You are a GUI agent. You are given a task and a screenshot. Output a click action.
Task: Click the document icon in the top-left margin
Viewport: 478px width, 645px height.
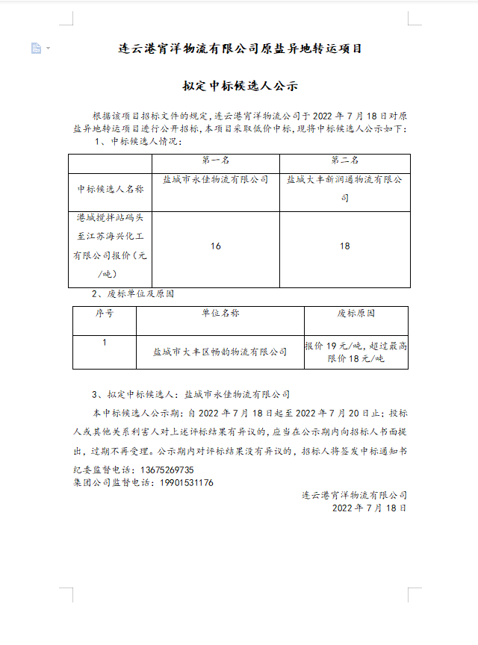click(36, 49)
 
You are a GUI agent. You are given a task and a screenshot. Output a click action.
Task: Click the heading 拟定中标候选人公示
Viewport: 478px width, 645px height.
click(240, 86)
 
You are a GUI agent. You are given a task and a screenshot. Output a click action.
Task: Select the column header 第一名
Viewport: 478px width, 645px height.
click(216, 161)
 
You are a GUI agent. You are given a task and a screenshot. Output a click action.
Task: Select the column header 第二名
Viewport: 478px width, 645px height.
click(344, 161)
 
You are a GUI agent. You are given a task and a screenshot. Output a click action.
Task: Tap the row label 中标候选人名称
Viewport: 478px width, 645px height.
click(111, 190)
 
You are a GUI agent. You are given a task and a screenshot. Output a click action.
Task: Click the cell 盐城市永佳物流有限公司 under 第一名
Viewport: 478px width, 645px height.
click(216, 180)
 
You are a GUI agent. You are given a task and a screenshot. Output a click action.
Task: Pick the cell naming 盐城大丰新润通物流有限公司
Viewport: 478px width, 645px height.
click(344, 189)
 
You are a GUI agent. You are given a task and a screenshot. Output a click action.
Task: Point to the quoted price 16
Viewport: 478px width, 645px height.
click(216, 246)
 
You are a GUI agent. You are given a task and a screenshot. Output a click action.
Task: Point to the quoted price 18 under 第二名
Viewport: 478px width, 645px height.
click(344, 246)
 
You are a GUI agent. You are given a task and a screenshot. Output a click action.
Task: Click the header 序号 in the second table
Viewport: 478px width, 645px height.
click(104, 314)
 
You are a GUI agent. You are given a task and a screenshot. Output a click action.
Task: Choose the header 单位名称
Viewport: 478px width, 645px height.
click(220, 314)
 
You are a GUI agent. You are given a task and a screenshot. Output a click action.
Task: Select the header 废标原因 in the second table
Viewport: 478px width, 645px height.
click(356, 314)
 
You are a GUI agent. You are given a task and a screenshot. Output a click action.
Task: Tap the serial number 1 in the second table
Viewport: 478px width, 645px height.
click(104, 343)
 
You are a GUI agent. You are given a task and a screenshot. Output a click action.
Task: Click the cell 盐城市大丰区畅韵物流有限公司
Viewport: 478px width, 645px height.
click(220, 352)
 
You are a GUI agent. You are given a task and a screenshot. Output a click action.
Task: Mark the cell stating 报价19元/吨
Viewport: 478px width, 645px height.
click(356, 352)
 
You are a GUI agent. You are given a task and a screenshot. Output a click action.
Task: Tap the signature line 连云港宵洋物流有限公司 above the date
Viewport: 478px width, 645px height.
click(354, 495)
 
